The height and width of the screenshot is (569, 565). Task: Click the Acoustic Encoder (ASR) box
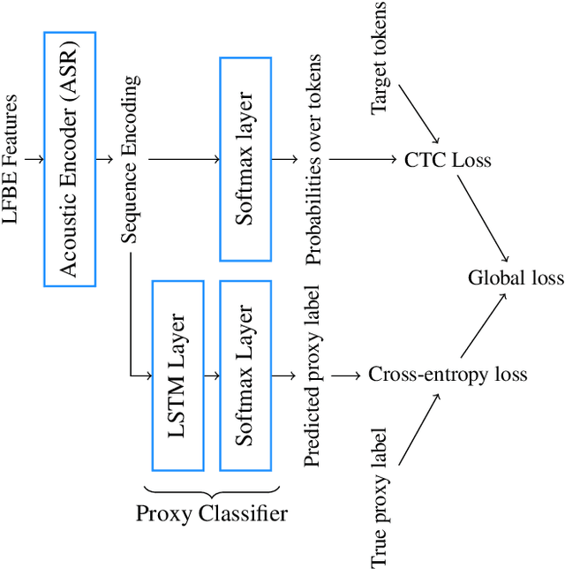(70, 159)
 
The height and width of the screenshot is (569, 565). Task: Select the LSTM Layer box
(178, 376)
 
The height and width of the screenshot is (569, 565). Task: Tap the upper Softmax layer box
(245, 159)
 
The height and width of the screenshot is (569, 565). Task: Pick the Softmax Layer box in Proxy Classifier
(245, 376)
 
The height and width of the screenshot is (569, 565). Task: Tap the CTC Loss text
(448, 161)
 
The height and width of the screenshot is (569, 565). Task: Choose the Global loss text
(515, 278)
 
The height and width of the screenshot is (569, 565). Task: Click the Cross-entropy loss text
(448, 375)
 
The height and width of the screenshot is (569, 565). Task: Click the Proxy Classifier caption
(212, 513)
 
